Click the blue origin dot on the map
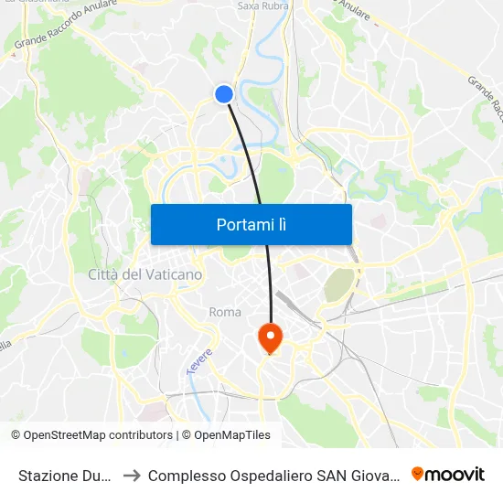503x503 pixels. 224,93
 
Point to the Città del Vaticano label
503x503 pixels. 145,274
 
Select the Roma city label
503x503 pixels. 225,312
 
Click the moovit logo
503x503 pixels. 448,474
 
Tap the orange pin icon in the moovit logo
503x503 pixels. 418,474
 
